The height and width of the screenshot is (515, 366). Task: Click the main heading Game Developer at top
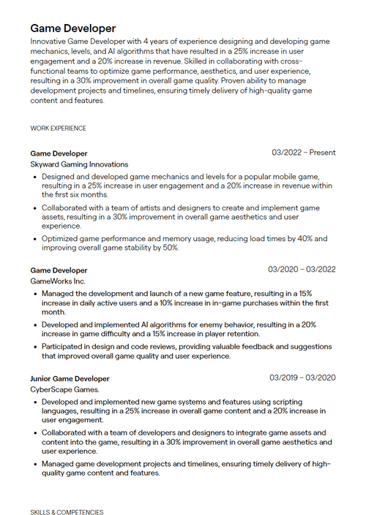[73, 28]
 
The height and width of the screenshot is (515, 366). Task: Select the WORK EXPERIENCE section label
[59, 129]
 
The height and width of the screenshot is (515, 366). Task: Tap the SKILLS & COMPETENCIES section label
[67, 513]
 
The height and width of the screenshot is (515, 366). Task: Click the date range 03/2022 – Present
[304, 153]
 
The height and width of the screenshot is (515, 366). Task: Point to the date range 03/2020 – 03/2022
[302, 270]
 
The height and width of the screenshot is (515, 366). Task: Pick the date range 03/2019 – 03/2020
[302, 378]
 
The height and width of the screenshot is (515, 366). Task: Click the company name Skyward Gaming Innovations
[79, 164]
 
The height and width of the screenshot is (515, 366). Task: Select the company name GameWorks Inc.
[58, 281]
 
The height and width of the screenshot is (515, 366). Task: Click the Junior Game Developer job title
[70, 378]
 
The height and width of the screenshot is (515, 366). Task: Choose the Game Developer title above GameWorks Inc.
[59, 270]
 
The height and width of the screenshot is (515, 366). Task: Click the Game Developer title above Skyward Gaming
[59, 153]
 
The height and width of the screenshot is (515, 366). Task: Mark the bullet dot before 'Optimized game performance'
[35, 239]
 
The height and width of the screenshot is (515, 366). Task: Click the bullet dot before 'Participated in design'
[35, 347]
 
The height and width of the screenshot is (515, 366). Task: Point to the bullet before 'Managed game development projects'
[35, 464]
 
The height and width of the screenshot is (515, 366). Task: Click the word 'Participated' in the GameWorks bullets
[64, 347]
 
